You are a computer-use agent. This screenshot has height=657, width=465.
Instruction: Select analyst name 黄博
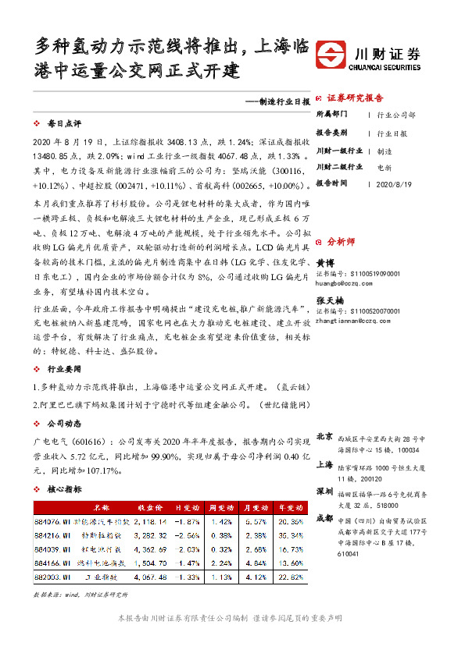(x=324, y=264)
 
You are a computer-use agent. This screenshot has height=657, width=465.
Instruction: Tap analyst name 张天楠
(x=329, y=300)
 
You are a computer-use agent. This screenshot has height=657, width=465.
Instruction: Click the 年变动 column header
(x=289, y=506)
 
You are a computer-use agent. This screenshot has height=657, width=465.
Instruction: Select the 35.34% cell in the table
(x=289, y=535)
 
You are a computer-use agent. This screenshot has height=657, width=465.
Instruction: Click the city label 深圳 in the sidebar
(x=325, y=491)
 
